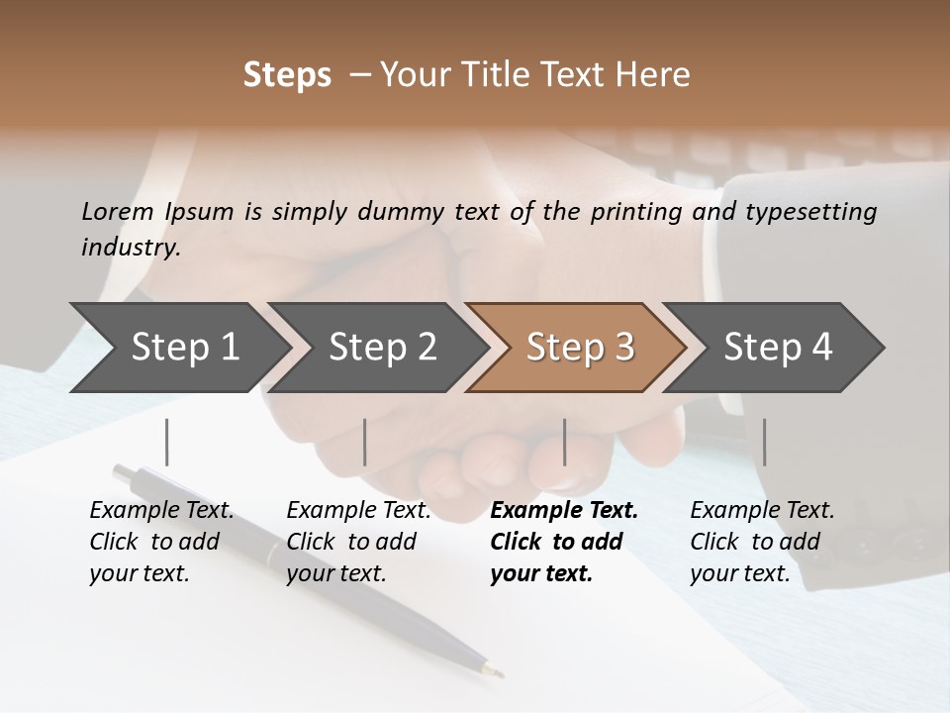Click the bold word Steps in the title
point(287,75)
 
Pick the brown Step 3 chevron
point(580,347)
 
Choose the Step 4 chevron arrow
point(778,347)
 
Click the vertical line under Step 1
point(167,442)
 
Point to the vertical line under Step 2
point(365,442)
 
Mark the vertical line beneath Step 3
point(565,442)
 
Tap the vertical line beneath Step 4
point(764,442)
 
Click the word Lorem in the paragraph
point(118,211)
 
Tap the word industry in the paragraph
point(130,247)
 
